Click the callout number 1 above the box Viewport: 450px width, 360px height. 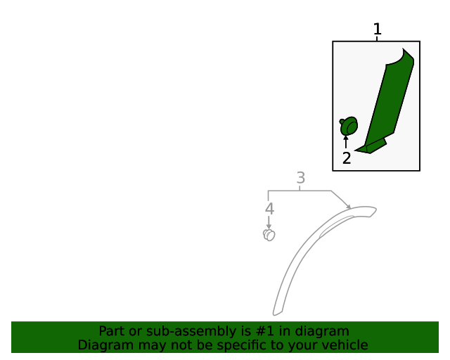(377, 30)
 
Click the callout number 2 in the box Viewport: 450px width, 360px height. (347, 158)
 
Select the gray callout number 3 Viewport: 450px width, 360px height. (300, 179)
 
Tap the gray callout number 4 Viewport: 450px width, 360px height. (269, 209)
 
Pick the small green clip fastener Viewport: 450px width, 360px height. (349, 127)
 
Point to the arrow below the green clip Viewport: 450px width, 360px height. (346, 142)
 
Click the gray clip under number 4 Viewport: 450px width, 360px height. (269, 235)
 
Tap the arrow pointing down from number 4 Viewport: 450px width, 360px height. (269, 221)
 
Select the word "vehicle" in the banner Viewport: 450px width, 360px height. (344, 345)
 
